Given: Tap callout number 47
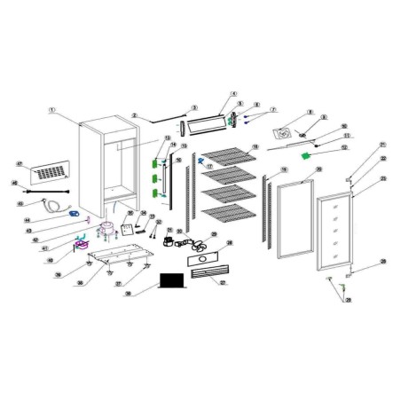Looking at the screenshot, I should (20, 164).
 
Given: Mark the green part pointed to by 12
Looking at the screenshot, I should (308, 156).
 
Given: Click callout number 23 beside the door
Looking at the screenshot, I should (384, 177).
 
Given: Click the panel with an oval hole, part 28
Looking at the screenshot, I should (206, 259).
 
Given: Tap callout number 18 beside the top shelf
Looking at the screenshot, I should (255, 147).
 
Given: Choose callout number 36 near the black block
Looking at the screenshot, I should (129, 293).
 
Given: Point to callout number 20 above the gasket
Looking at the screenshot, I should (318, 169).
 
